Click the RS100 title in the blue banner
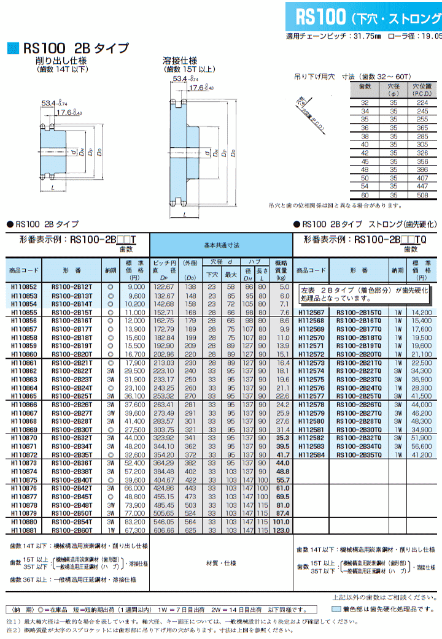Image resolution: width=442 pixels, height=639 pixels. [x=321, y=17]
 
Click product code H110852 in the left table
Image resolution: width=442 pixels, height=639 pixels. [x=24, y=286]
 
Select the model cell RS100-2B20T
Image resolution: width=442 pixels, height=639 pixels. [x=72, y=354]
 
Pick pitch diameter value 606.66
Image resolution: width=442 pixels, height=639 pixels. [x=164, y=529]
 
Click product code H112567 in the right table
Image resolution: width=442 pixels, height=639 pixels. [x=311, y=312]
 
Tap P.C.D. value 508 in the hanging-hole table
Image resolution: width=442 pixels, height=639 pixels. [x=422, y=195]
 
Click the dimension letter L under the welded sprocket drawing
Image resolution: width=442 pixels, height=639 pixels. [x=184, y=215]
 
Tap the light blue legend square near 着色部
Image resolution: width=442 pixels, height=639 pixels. [x=336, y=610]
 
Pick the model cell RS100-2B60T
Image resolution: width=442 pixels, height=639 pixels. [x=72, y=529]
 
